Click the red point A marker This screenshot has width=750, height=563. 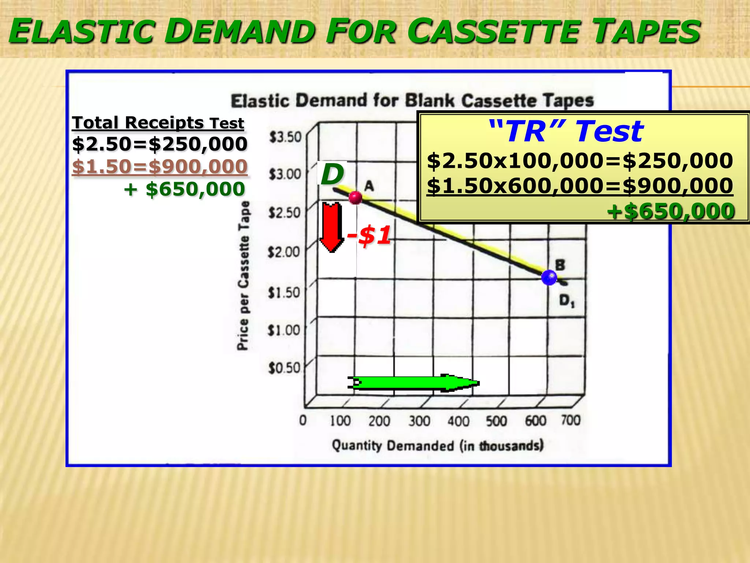355,198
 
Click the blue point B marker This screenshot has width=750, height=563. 549,277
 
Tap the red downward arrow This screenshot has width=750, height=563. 332,227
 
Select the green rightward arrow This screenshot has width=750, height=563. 414,383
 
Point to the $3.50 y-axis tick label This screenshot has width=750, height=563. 285,137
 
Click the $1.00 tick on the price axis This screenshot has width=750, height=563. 284,330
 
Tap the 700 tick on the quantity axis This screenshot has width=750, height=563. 571,420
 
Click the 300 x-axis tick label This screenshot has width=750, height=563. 419,421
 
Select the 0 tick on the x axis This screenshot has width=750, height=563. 303,420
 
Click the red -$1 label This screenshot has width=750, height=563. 369,235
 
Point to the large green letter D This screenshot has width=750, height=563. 332,174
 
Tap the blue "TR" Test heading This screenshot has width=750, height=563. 566,131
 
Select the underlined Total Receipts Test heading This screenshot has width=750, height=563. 158,122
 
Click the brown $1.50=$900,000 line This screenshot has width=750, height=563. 160,166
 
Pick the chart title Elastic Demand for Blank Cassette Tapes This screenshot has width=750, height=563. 412,100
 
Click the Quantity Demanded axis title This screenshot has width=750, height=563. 438,446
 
